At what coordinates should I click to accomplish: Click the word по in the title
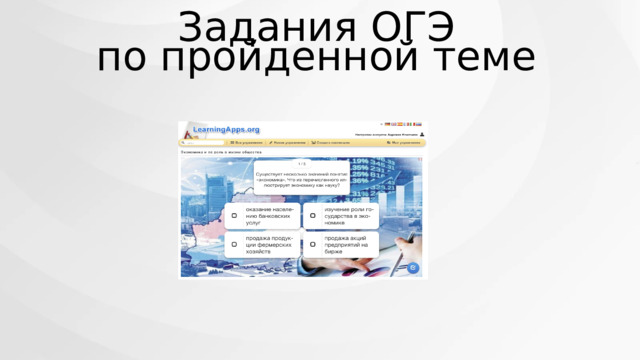124,58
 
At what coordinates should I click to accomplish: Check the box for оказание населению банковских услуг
234,216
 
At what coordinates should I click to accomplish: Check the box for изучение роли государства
312,216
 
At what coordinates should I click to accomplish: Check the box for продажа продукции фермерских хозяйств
234,244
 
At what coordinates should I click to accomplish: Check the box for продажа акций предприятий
312,244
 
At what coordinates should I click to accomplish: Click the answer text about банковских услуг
269,216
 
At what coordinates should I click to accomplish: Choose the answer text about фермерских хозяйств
269,244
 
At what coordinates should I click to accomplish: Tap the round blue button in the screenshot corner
410,267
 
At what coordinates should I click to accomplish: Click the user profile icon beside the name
422,134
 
